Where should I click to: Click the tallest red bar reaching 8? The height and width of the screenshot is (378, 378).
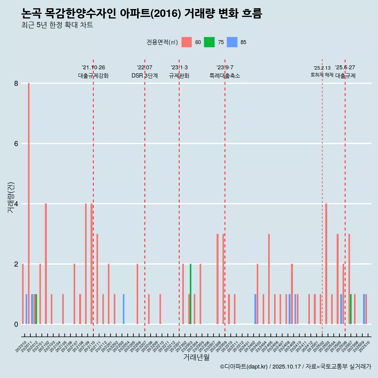tap(29, 204)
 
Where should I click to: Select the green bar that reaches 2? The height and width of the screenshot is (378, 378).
tap(191, 294)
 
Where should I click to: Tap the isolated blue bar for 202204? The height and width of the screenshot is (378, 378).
tap(124, 309)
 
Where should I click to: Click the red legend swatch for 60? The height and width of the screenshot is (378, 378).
tap(187, 42)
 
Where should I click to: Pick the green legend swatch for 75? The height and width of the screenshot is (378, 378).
tap(209, 42)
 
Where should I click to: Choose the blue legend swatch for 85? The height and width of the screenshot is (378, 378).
tap(232, 42)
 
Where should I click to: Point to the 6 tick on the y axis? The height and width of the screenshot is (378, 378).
tap(16, 144)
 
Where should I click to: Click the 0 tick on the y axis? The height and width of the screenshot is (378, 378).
tap(16, 324)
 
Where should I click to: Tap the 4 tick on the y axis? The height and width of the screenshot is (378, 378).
tap(16, 204)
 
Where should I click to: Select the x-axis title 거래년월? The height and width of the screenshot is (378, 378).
tap(196, 357)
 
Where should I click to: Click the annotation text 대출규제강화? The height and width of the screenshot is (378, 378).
tap(93, 76)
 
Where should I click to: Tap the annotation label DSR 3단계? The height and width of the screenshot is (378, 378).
tap(145, 76)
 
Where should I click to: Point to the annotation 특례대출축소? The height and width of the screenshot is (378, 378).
tap(225, 76)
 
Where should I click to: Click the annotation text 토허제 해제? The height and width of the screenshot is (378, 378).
tap(322, 75)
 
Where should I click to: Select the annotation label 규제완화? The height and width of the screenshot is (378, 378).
tap(179, 76)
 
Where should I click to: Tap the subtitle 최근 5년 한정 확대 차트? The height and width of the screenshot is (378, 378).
tap(57, 25)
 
